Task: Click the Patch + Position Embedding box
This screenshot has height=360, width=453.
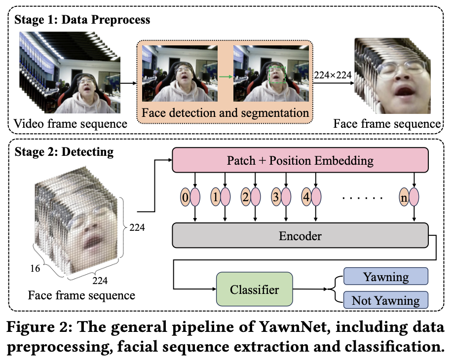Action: pyautogui.click(x=300, y=161)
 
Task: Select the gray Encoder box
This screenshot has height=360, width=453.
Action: pyautogui.click(x=300, y=236)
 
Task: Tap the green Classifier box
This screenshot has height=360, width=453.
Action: pyautogui.click(x=254, y=289)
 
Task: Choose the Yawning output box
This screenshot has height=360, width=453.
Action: pyautogui.click(x=386, y=277)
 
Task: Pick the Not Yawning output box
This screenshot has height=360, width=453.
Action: pyautogui.click(x=386, y=300)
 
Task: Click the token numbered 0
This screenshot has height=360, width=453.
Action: pyautogui.click(x=185, y=197)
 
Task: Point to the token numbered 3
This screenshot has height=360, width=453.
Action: pyautogui.click(x=276, y=197)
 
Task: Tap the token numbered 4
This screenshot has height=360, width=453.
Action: pyautogui.click(x=306, y=197)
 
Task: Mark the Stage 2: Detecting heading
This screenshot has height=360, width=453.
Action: pyautogui.click(x=64, y=151)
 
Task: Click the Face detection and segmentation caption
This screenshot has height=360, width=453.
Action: pyautogui.click(x=225, y=112)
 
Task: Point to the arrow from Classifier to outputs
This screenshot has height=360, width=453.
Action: pyautogui.click(x=310, y=289)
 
